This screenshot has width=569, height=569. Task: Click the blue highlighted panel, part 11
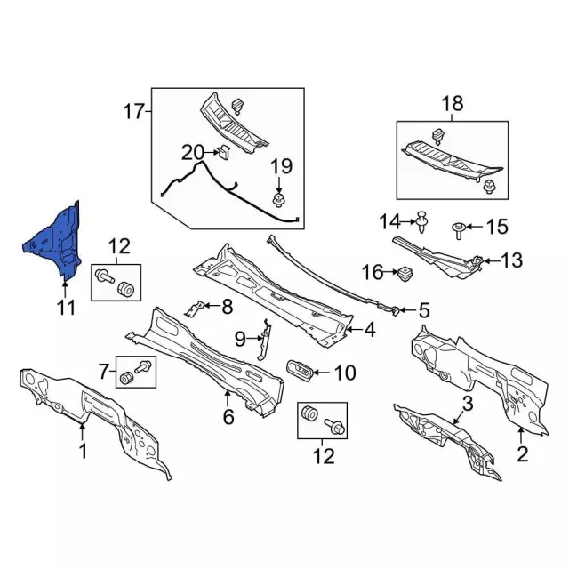[58, 243]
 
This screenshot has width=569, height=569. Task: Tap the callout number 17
[134, 111]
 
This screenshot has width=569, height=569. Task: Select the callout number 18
[453, 103]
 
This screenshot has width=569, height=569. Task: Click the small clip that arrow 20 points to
[224, 151]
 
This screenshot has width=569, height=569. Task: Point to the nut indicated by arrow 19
[278, 201]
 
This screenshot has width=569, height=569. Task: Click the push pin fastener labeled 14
[422, 221]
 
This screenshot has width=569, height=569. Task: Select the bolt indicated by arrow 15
[458, 230]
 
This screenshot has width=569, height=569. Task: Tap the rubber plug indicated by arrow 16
[405, 274]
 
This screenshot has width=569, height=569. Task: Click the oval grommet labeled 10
[300, 372]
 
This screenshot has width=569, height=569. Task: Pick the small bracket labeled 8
[194, 308]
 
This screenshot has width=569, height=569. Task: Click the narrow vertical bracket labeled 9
[264, 339]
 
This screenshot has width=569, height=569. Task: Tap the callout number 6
[228, 417]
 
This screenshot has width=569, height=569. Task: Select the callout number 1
[83, 451]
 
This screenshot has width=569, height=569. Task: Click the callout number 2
[522, 453]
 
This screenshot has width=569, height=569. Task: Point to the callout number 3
[468, 403]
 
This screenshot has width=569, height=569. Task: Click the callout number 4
[370, 330]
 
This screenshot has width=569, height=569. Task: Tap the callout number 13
[512, 260]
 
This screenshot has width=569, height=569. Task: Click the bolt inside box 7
[143, 366]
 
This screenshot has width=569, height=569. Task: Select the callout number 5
[423, 310]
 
